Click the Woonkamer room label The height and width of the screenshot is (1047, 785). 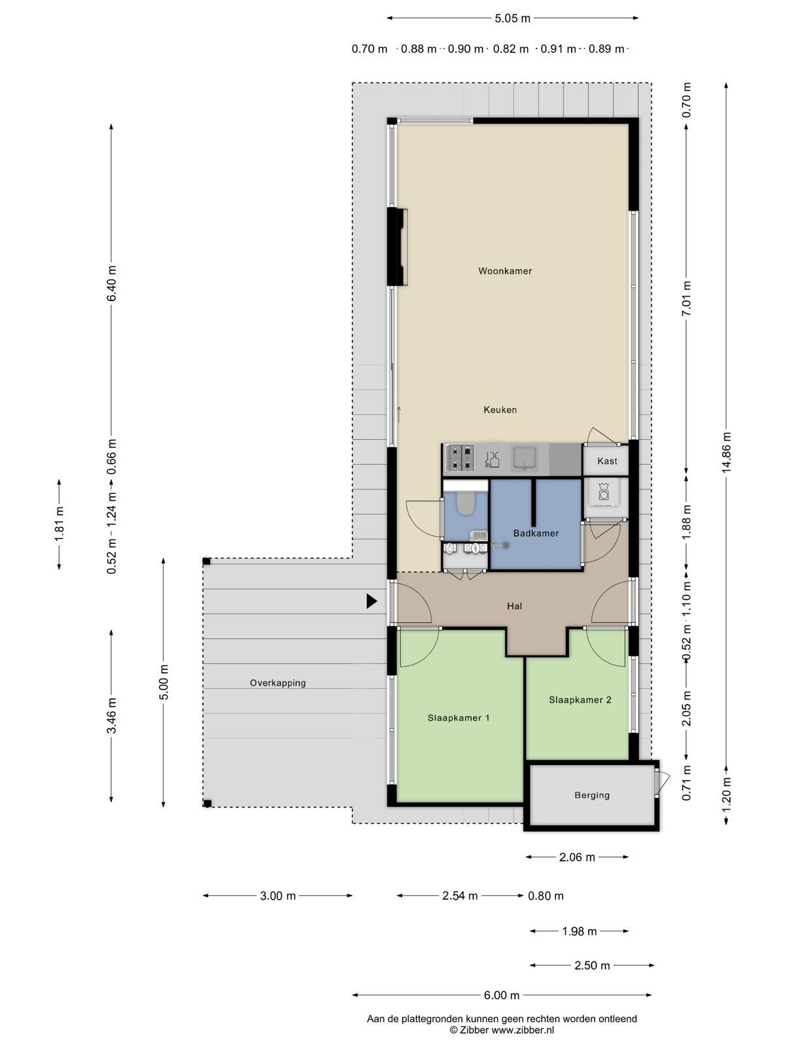pos(505,271)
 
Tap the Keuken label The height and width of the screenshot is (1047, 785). pos(500,409)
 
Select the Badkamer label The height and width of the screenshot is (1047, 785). pos(536,533)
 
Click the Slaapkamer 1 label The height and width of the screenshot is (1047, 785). pos(458,718)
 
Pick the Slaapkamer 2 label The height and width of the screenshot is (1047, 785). pos(580,700)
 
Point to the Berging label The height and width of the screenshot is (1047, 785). pos(592,795)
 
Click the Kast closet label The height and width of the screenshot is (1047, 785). pos(607,461)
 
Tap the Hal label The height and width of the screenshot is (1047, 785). pos(514,606)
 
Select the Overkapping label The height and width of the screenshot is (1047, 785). pos(278,683)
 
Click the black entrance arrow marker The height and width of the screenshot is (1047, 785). pos(372,601)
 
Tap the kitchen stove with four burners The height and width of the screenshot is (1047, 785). pos(460,457)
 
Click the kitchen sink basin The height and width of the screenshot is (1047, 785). pos(525,458)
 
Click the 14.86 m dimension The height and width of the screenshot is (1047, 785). pos(726,453)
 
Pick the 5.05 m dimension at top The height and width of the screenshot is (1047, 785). pos(512,18)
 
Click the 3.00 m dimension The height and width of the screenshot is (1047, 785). pos(278,896)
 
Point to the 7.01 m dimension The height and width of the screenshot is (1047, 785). pos(686,298)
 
